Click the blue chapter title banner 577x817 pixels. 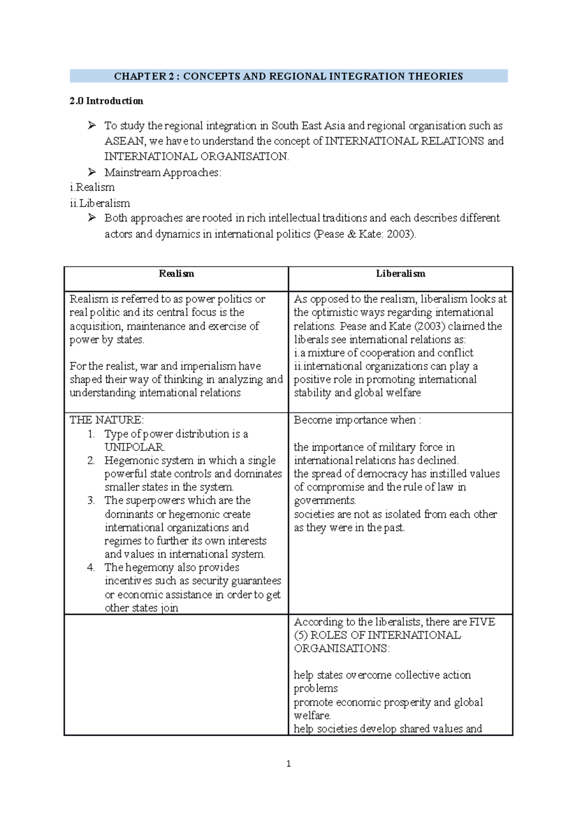click(288, 76)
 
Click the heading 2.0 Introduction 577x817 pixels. click(106, 101)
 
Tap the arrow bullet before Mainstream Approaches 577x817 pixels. click(92, 172)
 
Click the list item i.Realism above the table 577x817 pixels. click(92, 187)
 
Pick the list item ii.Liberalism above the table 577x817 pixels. click(100, 203)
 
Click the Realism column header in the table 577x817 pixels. click(176, 274)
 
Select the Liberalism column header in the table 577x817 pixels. click(401, 274)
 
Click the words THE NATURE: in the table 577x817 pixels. click(106, 420)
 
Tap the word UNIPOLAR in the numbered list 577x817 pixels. click(134, 447)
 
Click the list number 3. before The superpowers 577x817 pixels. click(91, 500)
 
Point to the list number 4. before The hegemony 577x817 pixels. click(91, 567)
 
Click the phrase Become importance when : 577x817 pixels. click(357, 420)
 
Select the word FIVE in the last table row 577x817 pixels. click(482, 622)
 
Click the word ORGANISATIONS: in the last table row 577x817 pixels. click(341, 648)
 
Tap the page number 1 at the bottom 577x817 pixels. click(288, 764)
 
